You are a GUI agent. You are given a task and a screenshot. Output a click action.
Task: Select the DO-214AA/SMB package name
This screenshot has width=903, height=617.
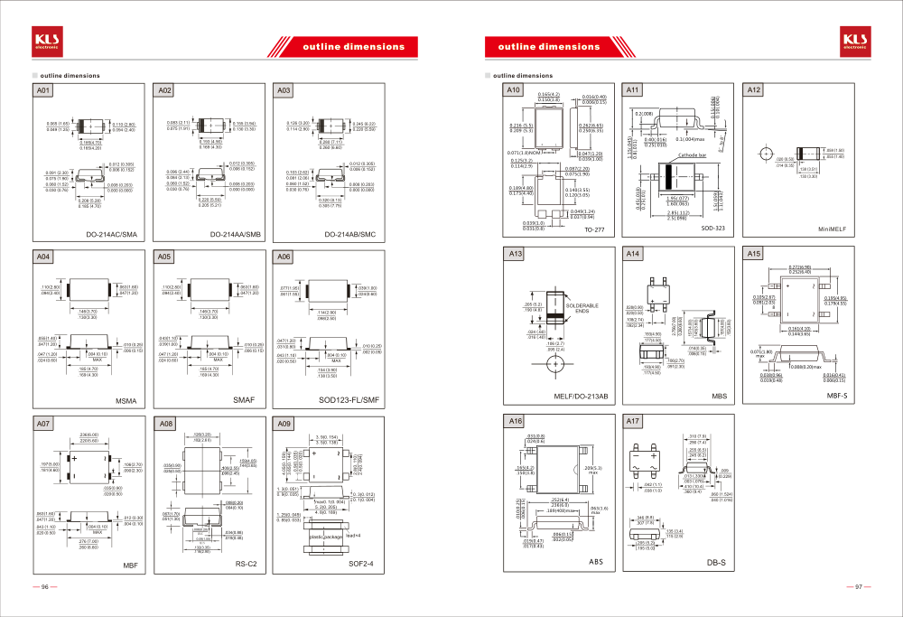click(235, 234)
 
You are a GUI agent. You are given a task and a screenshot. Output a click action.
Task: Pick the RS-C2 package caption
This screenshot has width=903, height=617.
click(247, 564)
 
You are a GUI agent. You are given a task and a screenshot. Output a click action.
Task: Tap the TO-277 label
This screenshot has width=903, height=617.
click(594, 229)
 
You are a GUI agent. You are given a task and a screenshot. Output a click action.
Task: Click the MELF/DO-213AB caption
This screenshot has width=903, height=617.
click(581, 396)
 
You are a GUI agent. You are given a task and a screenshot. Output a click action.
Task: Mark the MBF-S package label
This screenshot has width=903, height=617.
click(837, 396)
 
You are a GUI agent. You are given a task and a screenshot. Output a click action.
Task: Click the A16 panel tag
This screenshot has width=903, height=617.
click(515, 421)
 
